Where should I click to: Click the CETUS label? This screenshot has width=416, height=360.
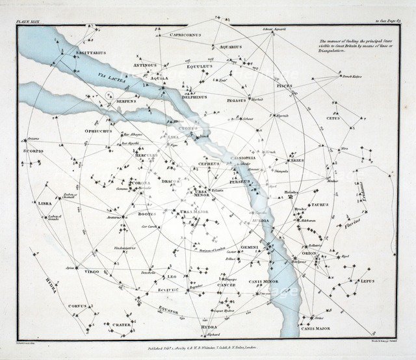click(333, 118)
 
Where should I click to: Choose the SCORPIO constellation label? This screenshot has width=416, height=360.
click(34, 151)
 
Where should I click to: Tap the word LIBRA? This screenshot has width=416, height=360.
click(45, 203)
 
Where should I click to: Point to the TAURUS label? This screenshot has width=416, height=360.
click(319, 205)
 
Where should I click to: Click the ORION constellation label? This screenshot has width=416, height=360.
click(309, 253)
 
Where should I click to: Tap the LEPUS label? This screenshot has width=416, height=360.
click(367, 281)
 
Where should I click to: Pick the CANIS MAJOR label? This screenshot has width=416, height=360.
click(315, 329)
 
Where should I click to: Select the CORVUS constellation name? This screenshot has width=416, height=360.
click(77, 305)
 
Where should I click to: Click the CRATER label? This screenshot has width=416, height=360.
click(121, 325)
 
